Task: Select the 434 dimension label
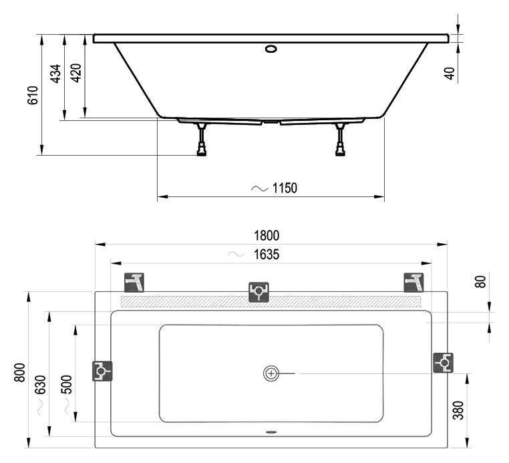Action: click(56, 73)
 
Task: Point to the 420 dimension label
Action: click(76, 73)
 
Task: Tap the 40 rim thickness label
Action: click(451, 72)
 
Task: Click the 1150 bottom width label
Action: click(284, 188)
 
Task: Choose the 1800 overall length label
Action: click(267, 235)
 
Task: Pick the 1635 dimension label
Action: click(266, 255)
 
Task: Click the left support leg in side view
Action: click(202, 138)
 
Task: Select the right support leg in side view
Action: click(341, 138)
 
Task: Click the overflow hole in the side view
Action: click(271, 49)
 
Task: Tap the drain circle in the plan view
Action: click(271, 373)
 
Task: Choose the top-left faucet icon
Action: click(135, 283)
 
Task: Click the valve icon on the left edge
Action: click(102, 369)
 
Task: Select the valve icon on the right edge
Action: click(443, 363)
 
